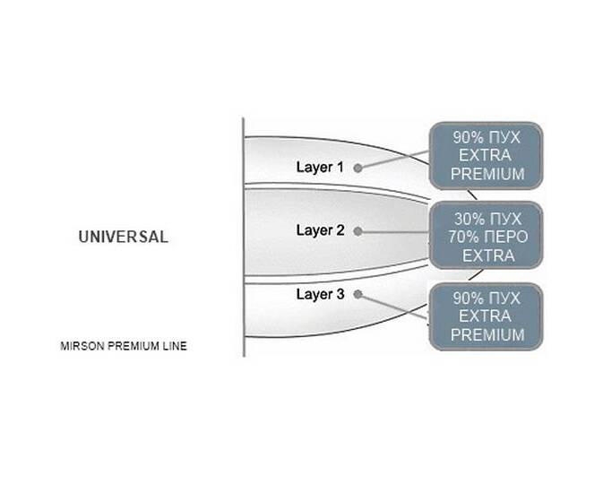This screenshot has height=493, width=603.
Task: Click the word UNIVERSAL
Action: [124, 237]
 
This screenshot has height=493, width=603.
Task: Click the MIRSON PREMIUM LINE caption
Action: [124, 346]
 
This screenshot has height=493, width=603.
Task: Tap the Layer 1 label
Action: [320, 168]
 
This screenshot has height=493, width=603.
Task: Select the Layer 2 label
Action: [320, 230]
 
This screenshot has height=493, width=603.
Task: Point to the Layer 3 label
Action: [320, 294]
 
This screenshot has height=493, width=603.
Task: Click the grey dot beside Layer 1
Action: [357, 169]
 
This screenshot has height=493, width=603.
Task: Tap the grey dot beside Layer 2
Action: [357, 231]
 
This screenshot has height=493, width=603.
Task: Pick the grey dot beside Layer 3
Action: [357, 294]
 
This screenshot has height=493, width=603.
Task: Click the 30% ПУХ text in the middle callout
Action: [487, 219]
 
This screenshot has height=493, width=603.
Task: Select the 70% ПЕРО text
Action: [487, 237]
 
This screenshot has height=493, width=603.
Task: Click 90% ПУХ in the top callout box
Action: [487, 137]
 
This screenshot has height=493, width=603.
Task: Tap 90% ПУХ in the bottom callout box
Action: [487, 298]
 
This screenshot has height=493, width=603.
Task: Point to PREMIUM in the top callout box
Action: [487, 174]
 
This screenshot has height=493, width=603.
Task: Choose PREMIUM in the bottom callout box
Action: [487, 335]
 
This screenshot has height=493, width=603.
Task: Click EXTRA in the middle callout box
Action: [488, 255]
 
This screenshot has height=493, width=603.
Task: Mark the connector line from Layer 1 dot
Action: [395, 160]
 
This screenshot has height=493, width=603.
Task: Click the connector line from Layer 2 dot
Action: [395, 232]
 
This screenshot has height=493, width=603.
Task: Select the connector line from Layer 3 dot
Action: [395, 307]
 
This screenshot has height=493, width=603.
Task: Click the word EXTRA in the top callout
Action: [486, 155]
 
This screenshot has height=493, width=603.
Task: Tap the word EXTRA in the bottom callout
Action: [486, 316]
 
